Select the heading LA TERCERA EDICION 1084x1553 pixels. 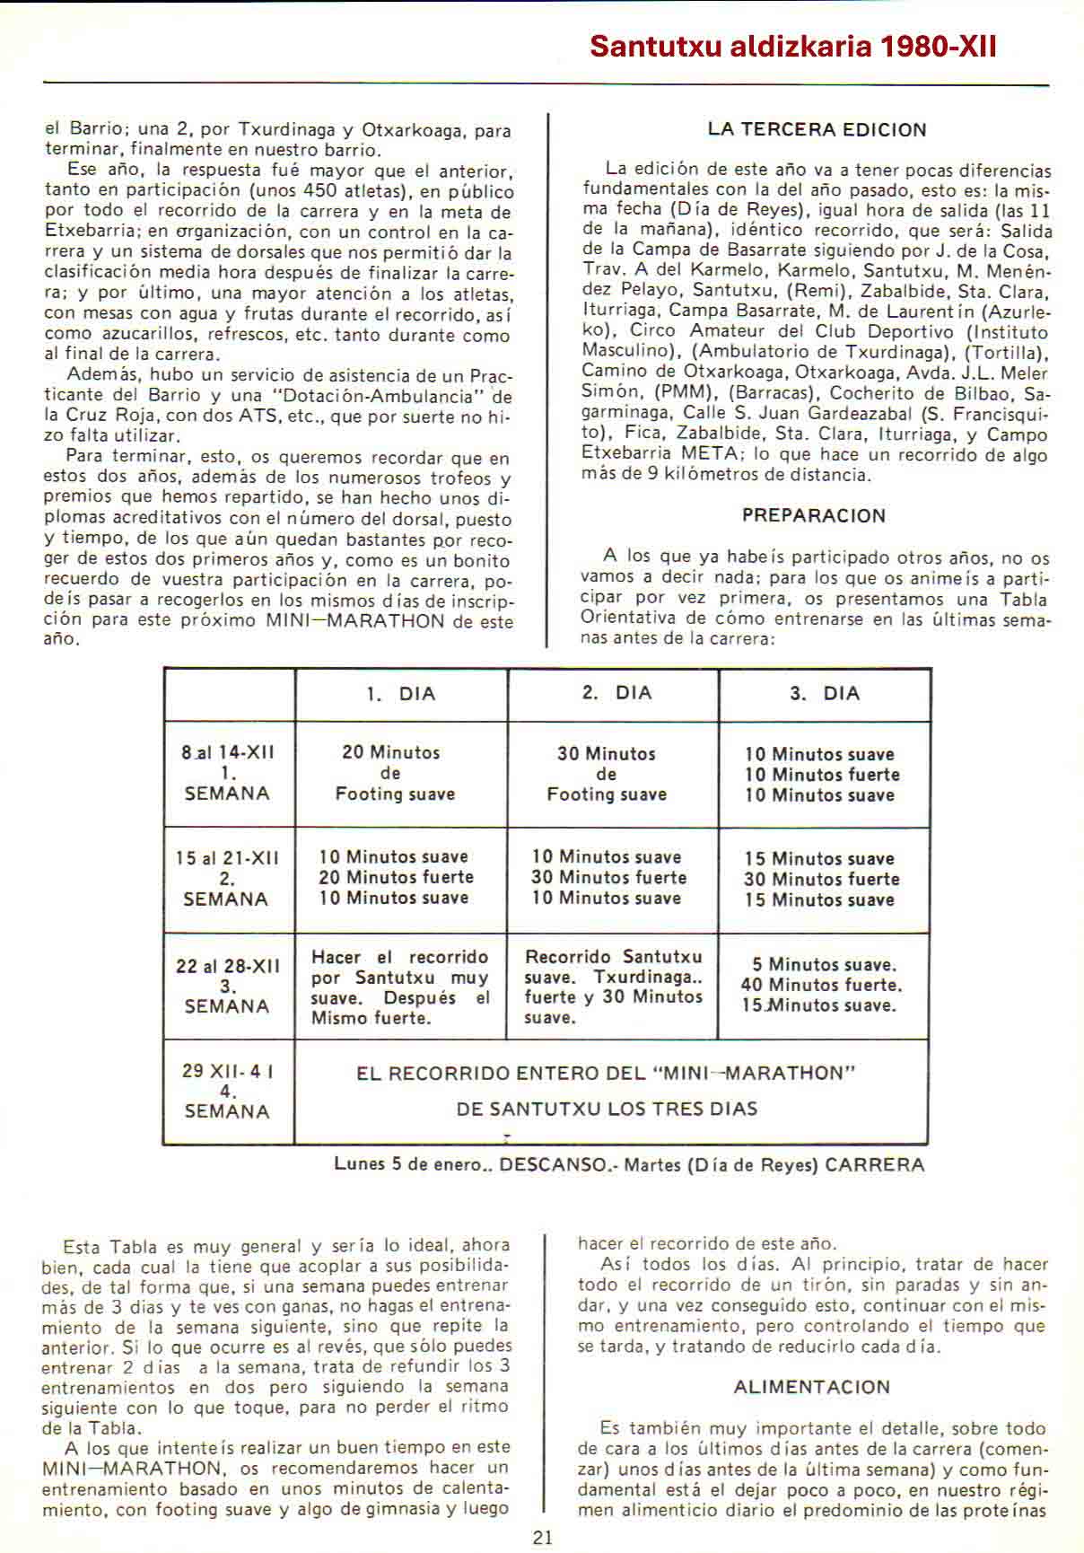click(817, 129)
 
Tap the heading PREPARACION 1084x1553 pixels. click(814, 515)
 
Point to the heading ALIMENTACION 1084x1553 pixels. click(812, 1387)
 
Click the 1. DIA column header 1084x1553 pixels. click(401, 694)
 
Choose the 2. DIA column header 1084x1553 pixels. click(616, 693)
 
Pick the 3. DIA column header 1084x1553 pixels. click(825, 694)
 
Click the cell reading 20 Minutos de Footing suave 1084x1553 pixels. click(395, 773)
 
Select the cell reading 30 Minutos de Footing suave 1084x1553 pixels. click(607, 774)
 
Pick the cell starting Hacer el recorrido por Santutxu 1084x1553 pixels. click(400, 987)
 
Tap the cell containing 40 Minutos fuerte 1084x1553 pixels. click(821, 985)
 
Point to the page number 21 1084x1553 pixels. click(543, 1537)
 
